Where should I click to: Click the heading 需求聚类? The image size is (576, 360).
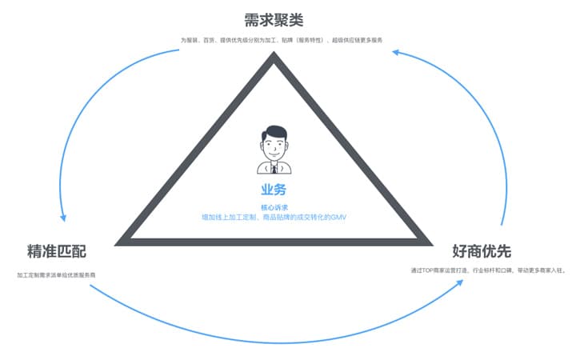[x=274, y=18]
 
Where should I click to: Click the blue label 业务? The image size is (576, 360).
[x=274, y=190]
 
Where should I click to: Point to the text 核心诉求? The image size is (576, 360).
[x=274, y=207]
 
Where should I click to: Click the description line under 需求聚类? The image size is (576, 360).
[x=286, y=40]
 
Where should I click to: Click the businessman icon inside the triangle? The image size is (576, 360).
[x=274, y=150]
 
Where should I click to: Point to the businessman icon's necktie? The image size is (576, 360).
[x=274, y=167]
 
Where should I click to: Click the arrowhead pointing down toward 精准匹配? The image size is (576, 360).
[x=63, y=216]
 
